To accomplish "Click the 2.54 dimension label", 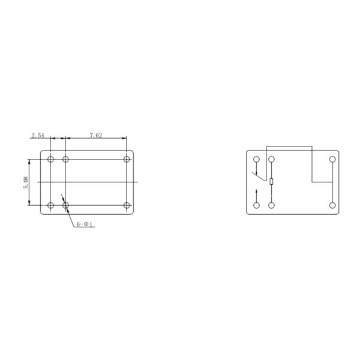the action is click(38, 136).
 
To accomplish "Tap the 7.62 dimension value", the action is click(96, 136).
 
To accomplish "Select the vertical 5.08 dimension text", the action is click(26, 182).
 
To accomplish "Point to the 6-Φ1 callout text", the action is click(85, 224).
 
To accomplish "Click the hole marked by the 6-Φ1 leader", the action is click(65, 205).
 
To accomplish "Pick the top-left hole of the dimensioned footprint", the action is click(50, 159).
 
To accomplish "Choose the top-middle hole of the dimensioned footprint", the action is click(65, 159).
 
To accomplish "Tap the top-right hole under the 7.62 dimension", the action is click(127, 159).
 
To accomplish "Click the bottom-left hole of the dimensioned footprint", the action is click(50, 205).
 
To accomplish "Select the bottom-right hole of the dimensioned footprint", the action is click(127, 205).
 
